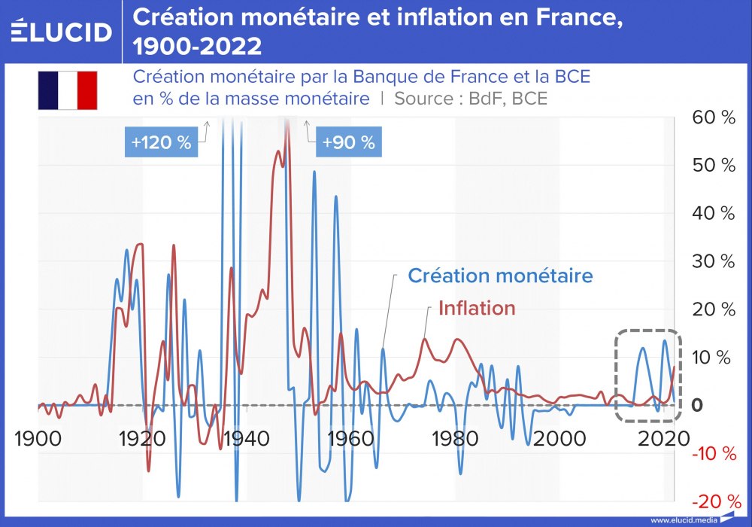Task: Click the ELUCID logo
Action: [62, 31]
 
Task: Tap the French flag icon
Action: [68, 90]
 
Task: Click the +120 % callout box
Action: [161, 142]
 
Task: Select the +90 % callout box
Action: [348, 142]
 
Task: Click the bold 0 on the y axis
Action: [697, 405]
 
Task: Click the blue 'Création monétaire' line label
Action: [500, 276]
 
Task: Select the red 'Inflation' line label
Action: [477, 308]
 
